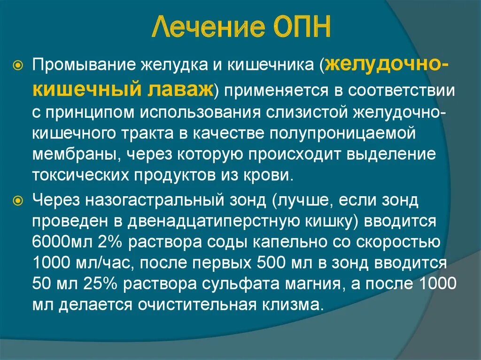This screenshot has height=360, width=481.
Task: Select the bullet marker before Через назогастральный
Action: [18, 201]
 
